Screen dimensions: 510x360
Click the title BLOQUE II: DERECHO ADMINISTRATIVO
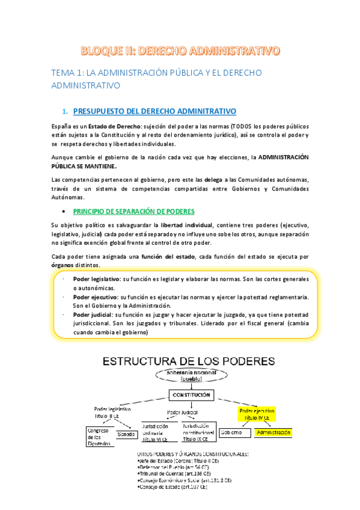tap(180, 50)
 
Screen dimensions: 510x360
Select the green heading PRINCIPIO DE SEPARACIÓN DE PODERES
tap(142, 211)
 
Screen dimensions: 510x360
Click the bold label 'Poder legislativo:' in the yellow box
tap(96, 279)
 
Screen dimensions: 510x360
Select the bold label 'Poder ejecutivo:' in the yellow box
tap(95, 297)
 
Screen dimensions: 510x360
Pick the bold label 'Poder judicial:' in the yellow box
tap(92, 315)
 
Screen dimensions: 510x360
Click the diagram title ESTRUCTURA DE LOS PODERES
tap(189, 361)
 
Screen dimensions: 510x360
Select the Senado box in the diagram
tap(126, 434)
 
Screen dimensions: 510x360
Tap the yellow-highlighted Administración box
tap(272, 432)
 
